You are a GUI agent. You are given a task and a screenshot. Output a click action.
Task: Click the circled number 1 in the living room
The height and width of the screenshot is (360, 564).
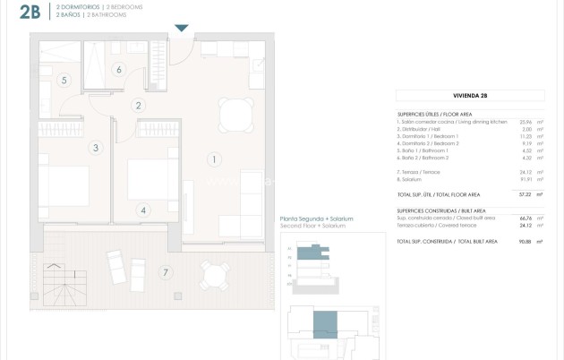213,160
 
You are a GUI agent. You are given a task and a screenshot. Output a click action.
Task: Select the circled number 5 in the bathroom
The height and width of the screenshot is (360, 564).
64,80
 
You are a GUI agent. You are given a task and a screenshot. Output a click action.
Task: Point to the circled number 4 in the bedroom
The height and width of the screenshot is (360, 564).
142,210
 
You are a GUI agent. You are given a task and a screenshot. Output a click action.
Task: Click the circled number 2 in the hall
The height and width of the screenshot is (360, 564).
138,106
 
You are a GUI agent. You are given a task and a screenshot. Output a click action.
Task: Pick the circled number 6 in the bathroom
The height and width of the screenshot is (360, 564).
118,69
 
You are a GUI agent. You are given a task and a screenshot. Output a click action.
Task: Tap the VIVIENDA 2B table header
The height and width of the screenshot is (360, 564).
470,94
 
